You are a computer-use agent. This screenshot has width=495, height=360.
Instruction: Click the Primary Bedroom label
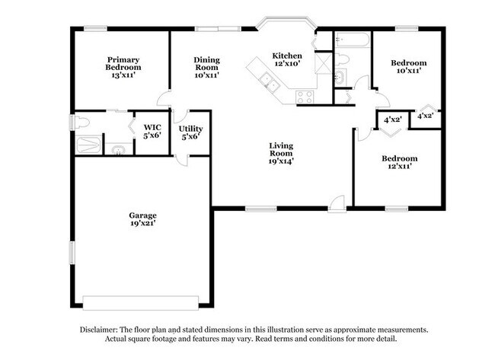[123, 63]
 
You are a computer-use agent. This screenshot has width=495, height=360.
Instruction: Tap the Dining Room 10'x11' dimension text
[207, 75]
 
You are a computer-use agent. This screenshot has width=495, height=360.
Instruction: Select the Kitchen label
[287, 56]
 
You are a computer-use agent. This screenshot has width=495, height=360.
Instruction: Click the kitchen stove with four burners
[305, 97]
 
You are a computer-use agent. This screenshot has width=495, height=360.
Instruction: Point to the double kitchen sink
[270, 81]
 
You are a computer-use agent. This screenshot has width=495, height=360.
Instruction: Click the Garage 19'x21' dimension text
[142, 224]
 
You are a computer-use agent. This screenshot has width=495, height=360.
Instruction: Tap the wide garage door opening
[141, 303]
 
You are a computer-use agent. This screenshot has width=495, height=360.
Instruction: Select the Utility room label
[190, 129]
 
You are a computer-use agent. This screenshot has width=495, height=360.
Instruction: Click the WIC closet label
[152, 127]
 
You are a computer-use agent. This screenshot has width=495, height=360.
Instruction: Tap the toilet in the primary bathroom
[79, 123]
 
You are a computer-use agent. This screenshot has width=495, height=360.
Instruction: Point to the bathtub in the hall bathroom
[353, 40]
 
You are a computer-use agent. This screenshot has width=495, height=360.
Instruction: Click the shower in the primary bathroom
[88, 145]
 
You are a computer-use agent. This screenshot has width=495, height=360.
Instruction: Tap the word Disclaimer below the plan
[99, 330]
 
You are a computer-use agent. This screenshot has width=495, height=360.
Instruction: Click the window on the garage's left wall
[72, 253]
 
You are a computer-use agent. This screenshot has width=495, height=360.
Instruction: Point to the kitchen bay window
[286, 22]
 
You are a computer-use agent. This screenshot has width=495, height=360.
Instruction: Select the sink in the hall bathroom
[340, 77]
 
